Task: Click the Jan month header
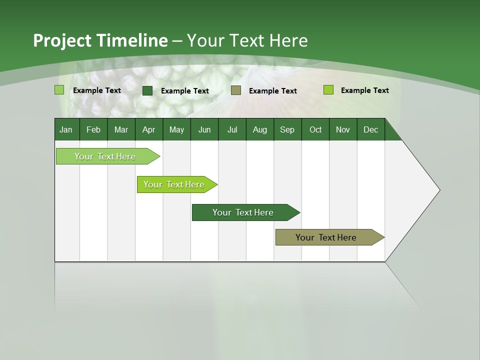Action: point(66,129)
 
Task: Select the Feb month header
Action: point(93,129)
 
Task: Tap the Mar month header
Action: point(121,129)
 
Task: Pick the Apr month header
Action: point(149,129)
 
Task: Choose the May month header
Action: point(176,129)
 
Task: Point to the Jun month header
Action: point(204,129)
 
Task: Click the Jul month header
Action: point(232,129)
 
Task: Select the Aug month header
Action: point(260,129)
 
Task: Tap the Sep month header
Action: point(287,129)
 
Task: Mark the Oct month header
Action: point(315,129)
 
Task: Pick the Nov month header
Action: point(343,129)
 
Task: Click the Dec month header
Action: point(371,129)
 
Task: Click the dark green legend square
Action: point(147,90)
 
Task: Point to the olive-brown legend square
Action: point(236,90)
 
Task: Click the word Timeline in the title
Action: point(132,40)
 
